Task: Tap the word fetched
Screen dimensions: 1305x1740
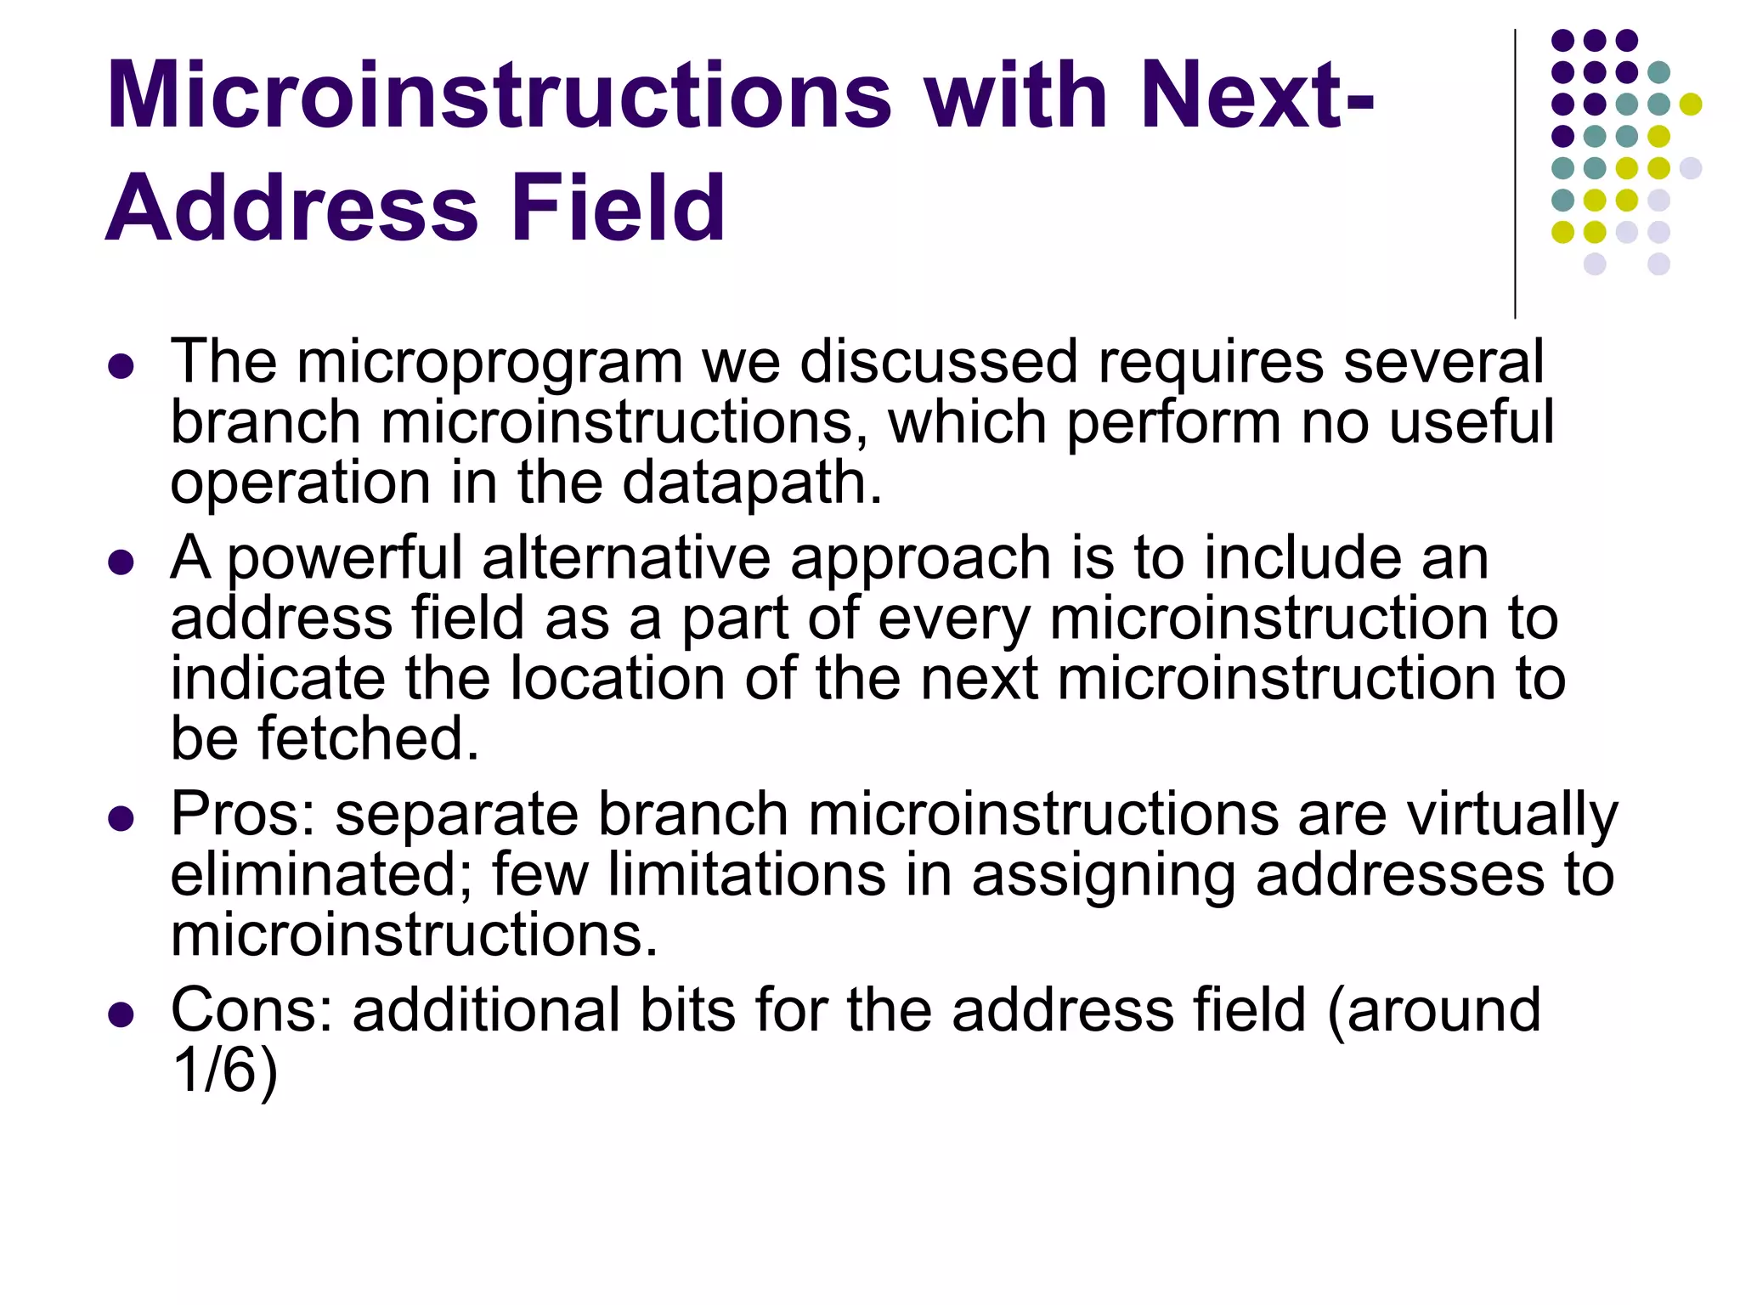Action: click(369, 737)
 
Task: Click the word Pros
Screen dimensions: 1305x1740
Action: click(242, 814)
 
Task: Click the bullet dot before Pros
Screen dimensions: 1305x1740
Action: click(121, 818)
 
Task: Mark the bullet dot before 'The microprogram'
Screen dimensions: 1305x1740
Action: click(121, 366)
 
